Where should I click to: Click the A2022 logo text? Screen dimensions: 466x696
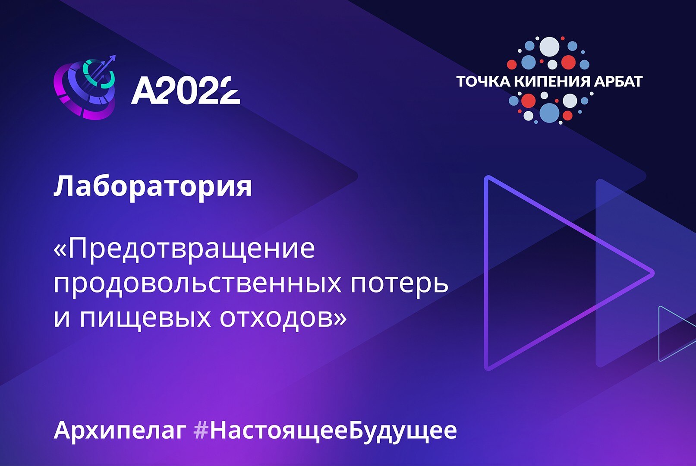coord(186,91)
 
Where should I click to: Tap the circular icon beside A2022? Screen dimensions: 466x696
coord(85,88)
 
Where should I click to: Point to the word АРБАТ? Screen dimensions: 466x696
coord(618,81)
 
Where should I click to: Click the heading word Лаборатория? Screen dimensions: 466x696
coord(152,186)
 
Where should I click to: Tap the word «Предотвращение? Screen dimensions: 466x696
coord(184,249)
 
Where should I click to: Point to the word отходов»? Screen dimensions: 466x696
coord(283,318)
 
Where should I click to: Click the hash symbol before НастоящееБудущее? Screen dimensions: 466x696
coord(201,430)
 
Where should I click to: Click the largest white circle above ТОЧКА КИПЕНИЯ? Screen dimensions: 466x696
coord(549,47)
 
